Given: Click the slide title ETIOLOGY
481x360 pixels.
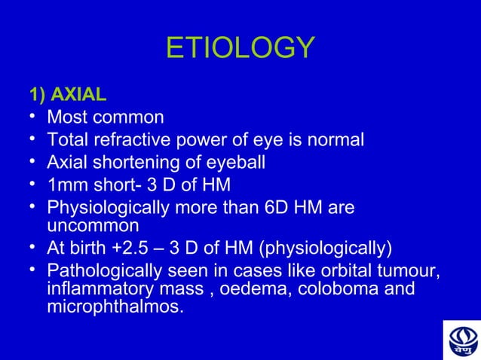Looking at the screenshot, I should [240, 48].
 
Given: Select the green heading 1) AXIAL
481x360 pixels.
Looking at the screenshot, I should [67, 96].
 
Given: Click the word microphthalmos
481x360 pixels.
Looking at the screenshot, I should [115, 307].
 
